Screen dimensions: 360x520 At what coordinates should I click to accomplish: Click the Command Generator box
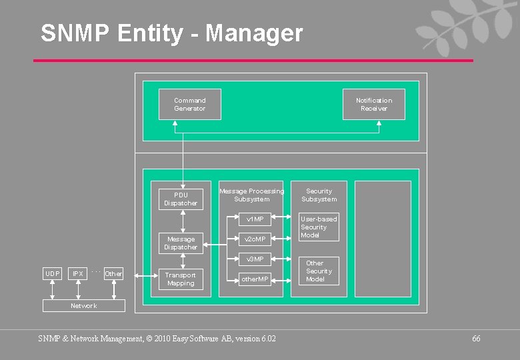[x=189, y=105]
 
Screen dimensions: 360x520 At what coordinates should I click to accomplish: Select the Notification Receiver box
[x=373, y=105]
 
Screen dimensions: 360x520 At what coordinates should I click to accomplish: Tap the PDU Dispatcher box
[x=181, y=199]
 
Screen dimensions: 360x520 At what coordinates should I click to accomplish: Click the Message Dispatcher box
[x=181, y=243]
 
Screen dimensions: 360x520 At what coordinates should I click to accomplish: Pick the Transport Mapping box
[x=181, y=279]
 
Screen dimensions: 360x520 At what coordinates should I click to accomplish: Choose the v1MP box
[x=255, y=219]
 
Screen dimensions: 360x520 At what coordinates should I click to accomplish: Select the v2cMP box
[x=255, y=239]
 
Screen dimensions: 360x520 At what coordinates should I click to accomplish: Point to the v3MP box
[x=255, y=259]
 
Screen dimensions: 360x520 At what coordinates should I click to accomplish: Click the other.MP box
[x=255, y=279]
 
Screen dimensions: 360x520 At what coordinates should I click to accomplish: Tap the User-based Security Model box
[x=319, y=227]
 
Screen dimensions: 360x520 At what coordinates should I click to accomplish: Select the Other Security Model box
[x=319, y=271]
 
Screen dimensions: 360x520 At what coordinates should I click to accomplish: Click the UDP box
[x=52, y=273]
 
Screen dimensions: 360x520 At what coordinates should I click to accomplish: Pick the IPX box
[x=78, y=273]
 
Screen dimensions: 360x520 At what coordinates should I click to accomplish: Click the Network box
[x=83, y=305]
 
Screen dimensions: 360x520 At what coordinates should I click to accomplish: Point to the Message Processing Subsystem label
[x=251, y=195]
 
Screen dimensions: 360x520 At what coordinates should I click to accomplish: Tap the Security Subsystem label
[x=319, y=195]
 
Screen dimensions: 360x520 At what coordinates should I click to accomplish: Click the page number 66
[x=476, y=339]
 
